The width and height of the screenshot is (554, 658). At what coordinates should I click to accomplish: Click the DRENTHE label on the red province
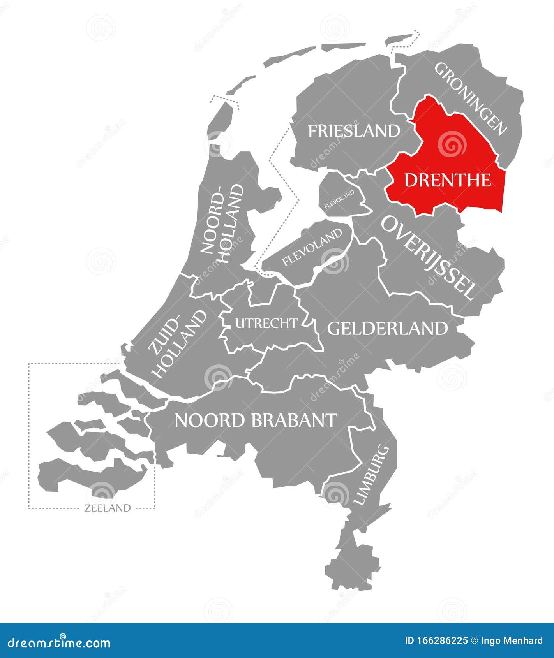click(447, 180)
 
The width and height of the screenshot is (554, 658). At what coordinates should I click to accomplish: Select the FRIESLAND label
click(354, 131)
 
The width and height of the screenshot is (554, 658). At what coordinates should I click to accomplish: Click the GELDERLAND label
click(387, 329)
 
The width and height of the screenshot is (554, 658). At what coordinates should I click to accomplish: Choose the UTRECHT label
click(266, 323)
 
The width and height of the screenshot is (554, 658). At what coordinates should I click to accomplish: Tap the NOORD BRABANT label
click(256, 420)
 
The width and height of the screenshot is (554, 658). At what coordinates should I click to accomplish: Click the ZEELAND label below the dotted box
click(107, 508)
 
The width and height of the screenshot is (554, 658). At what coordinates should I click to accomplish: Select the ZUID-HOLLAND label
click(178, 344)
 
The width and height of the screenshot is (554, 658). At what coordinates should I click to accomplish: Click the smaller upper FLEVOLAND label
click(339, 199)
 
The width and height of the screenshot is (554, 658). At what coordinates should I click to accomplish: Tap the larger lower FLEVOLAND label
click(312, 247)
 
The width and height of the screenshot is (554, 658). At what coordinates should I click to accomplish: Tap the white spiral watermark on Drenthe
click(452, 145)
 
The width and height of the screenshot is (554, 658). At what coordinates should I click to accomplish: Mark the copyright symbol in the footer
click(475, 640)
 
